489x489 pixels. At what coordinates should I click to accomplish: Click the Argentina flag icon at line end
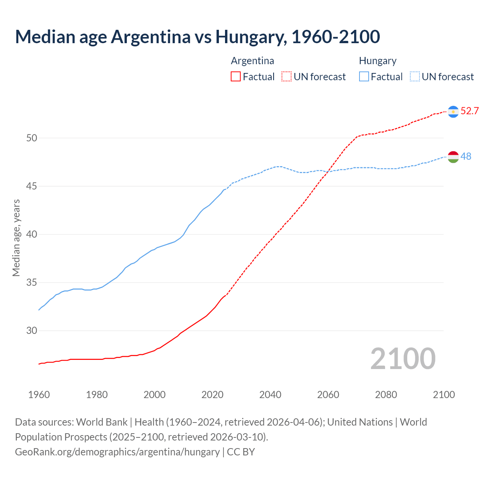pyautogui.click(x=453, y=112)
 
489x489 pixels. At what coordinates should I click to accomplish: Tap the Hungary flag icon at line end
pyautogui.click(x=453, y=157)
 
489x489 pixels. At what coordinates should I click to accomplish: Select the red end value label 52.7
pyautogui.click(x=470, y=111)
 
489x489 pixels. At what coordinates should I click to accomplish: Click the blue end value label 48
pyautogui.click(x=466, y=156)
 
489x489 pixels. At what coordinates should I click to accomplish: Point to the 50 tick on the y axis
pyautogui.click(x=32, y=138)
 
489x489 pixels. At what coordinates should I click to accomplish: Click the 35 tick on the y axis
pyautogui.click(x=32, y=282)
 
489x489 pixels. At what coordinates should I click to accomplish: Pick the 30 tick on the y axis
pyautogui.click(x=32, y=330)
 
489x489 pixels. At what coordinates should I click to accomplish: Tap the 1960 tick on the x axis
pyautogui.click(x=39, y=395)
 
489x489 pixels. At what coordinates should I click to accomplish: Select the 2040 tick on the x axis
pyautogui.click(x=270, y=395)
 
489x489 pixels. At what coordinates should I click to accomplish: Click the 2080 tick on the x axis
pyautogui.click(x=386, y=395)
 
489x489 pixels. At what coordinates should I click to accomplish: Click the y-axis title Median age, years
pyautogui.click(x=16, y=238)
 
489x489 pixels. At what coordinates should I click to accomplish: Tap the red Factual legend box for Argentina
pyautogui.click(x=236, y=77)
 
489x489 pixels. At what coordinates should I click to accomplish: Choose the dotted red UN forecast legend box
pyautogui.click(x=287, y=77)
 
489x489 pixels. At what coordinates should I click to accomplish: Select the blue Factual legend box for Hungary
pyautogui.click(x=364, y=77)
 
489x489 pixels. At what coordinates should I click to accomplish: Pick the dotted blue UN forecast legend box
pyautogui.click(x=415, y=77)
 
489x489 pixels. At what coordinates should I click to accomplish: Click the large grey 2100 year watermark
pyautogui.click(x=403, y=359)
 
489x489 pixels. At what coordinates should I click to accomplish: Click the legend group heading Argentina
pyautogui.click(x=253, y=61)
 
